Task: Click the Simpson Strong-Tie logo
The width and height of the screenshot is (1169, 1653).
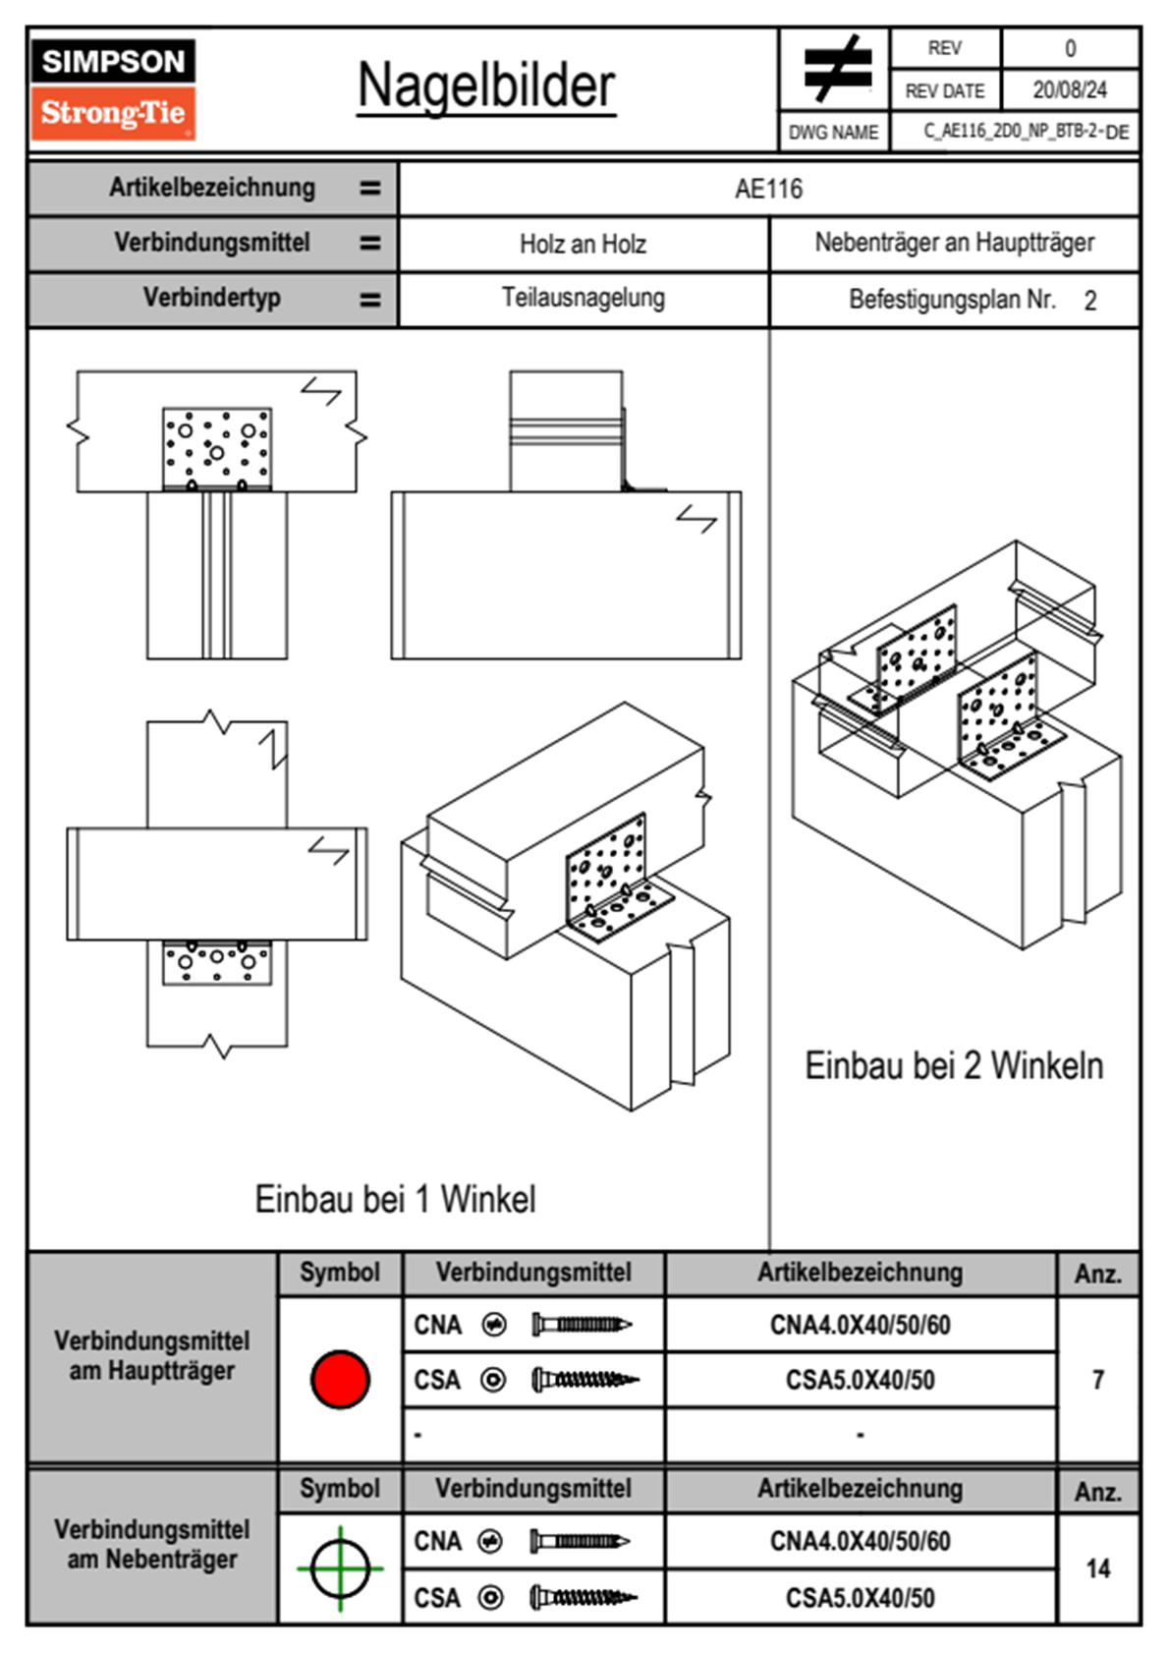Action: point(112,88)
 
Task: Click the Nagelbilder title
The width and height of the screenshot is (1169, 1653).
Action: point(486,86)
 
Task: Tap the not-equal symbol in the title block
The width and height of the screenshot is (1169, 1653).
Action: point(837,69)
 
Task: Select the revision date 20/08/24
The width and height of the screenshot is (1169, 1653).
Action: point(1069,90)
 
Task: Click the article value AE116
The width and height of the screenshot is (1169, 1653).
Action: point(768,189)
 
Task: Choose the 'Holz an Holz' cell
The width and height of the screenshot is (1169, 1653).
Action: point(583,244)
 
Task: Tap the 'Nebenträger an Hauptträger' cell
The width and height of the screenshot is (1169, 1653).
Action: point(954,243)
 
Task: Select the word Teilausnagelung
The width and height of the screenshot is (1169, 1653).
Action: point(583,298)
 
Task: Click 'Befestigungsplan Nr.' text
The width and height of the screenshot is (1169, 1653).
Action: point(952,300)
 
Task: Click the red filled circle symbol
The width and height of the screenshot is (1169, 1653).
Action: point(340,1379)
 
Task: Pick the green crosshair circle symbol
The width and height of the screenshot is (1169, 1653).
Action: point(340,1568)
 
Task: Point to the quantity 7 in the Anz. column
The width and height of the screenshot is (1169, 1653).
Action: point(1097,1380)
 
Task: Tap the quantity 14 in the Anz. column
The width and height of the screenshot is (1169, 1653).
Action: point(1097,1568)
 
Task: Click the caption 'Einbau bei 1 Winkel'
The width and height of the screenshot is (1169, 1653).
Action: point(395,1199)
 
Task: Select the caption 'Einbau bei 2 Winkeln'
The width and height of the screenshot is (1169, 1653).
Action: point(954,1065)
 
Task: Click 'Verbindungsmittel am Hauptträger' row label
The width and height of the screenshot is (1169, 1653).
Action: point(152,1356)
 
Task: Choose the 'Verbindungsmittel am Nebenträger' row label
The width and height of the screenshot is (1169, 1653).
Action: point(152,1544)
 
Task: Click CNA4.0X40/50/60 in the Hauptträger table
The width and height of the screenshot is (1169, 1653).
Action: point(860,1326)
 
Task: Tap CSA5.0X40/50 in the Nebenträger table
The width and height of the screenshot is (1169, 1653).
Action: point(860,1598)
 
